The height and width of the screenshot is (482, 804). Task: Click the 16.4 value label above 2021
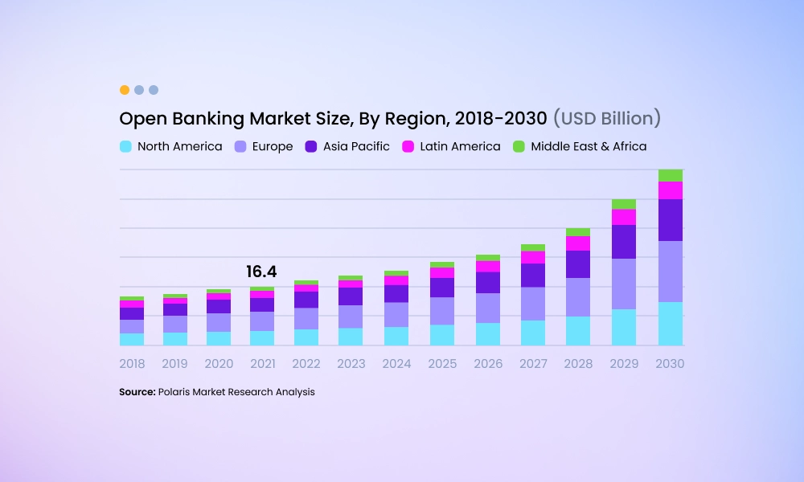tap(262, 272)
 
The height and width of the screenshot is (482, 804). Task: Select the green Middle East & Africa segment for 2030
tap(671, 175)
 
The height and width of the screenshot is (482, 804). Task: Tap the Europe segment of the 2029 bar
tap(624, 284)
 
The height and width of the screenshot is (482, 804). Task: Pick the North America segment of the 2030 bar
tap(671, 324)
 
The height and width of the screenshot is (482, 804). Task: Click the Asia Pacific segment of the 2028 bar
tap(578, 264)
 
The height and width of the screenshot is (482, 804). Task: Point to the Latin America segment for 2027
tap(533, 257)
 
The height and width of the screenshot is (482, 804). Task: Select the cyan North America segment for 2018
tap(132, 339)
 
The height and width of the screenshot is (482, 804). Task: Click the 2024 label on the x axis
tap(396, 364)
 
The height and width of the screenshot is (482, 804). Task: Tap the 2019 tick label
tap(175, 364)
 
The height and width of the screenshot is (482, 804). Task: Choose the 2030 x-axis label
tap(671, 364)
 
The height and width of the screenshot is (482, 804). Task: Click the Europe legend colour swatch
tap(240, 147)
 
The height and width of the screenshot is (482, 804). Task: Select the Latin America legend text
tap(463, 147)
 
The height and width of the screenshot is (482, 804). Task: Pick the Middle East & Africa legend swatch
tap(519, 147)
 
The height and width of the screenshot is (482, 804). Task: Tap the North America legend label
tap(179, 147)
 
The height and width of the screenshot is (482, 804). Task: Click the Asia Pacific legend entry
tap(356, 147)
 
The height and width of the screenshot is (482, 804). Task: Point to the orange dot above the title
tap(125, 90)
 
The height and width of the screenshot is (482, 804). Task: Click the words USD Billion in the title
tap(607, 119)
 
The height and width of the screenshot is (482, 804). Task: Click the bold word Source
tap(137, 392)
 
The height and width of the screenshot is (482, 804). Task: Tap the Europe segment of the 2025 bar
tap(442, 311)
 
